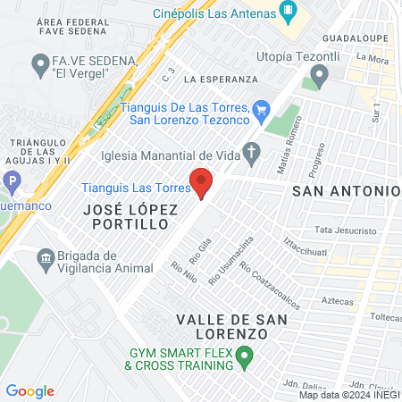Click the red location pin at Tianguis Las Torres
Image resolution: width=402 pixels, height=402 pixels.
203,182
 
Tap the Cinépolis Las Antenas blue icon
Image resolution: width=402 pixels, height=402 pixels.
288,13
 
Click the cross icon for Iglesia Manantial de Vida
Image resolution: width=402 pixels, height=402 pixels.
252,151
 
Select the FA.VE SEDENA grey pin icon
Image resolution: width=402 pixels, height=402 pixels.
39,63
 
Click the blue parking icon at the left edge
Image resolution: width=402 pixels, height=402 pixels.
11,181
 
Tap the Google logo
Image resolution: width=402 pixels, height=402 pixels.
29,391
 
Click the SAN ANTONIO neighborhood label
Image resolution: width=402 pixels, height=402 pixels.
346,191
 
